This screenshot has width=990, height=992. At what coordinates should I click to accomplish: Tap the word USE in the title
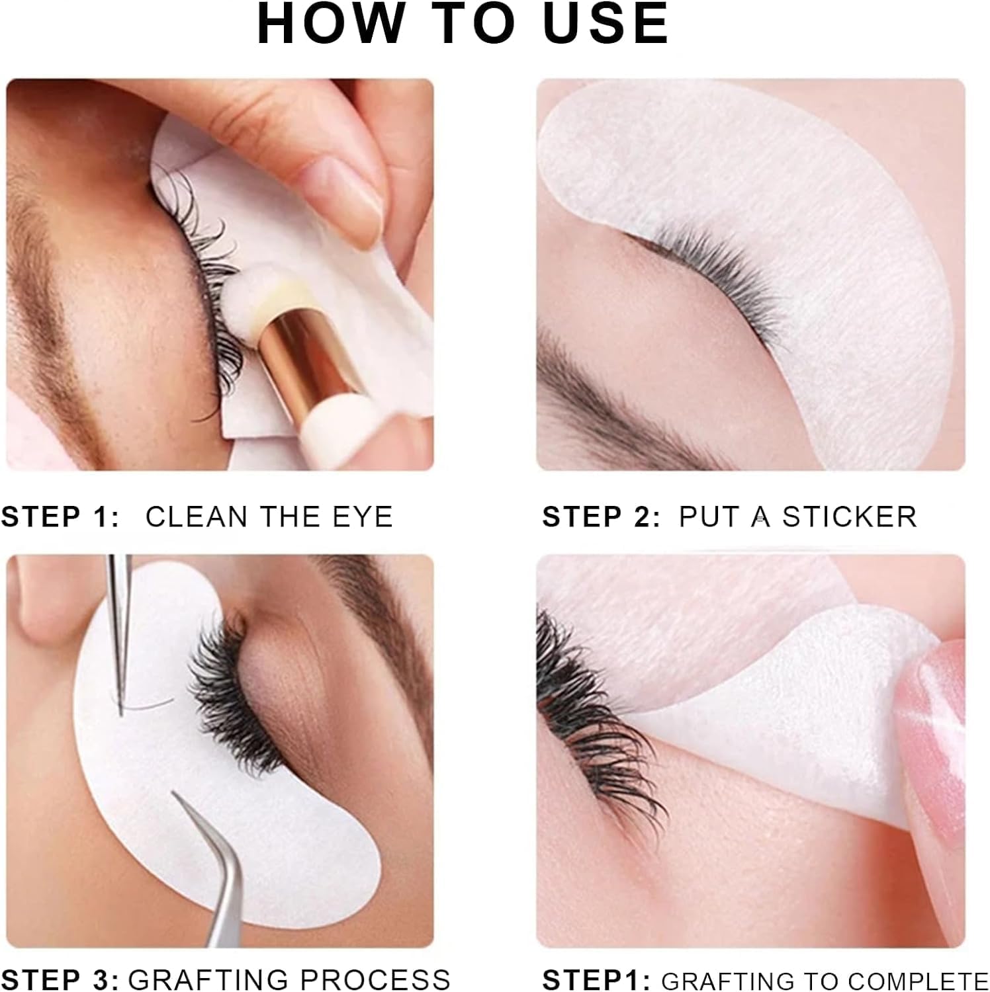[x=606, y=24]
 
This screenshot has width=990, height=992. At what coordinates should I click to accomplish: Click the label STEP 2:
[x=601, y=517]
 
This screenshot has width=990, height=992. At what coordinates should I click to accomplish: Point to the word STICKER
[x=850, y=517]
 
